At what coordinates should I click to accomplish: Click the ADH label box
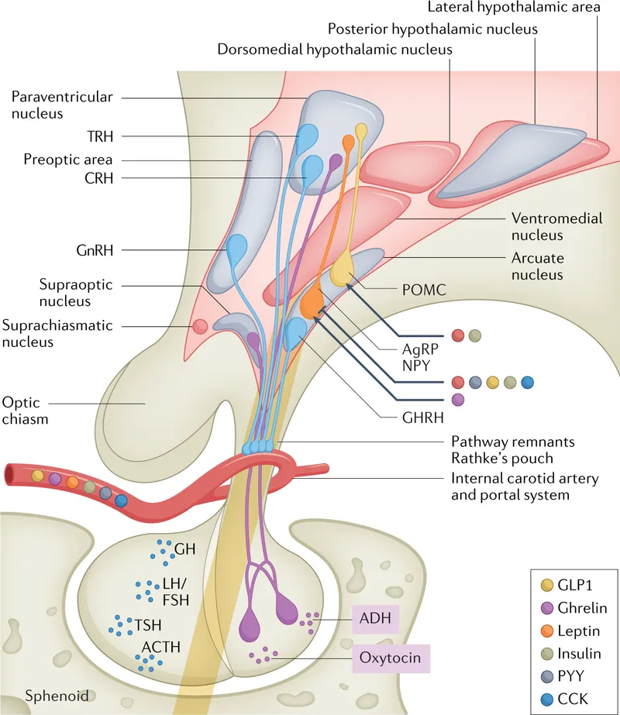point(376,620)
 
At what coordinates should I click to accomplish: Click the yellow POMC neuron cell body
point(342,272)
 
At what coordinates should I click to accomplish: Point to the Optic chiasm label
point(26,411)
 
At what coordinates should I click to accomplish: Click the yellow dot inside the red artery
point(37,474)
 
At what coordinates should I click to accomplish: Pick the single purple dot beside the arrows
point(457,399)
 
